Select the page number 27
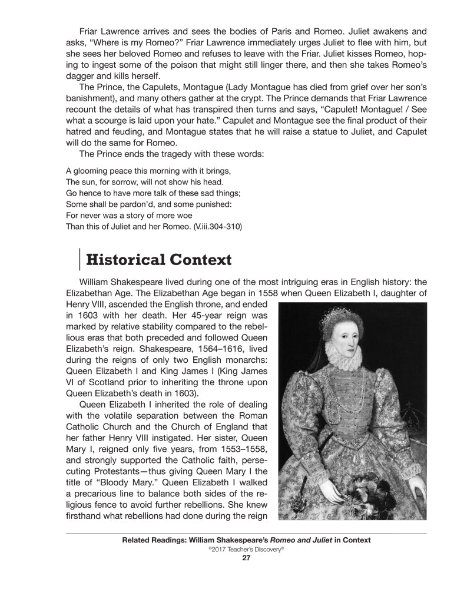point(247,560)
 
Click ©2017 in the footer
point(216,550)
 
